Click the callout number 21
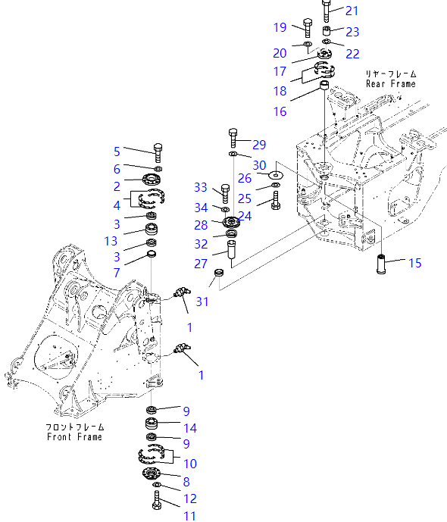(x=352, y=11)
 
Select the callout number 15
(x=414, y=263)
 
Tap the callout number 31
(x=202, y=302)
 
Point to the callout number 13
(x=111, y=241)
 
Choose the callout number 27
(x=201, y=264)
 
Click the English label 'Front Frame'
(x=74, y=437)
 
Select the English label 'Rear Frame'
(x=391, y=83)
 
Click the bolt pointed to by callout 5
(x=158, y=153)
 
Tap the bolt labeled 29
(x=233, y=138)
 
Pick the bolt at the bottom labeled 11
(x=157, y=500)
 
